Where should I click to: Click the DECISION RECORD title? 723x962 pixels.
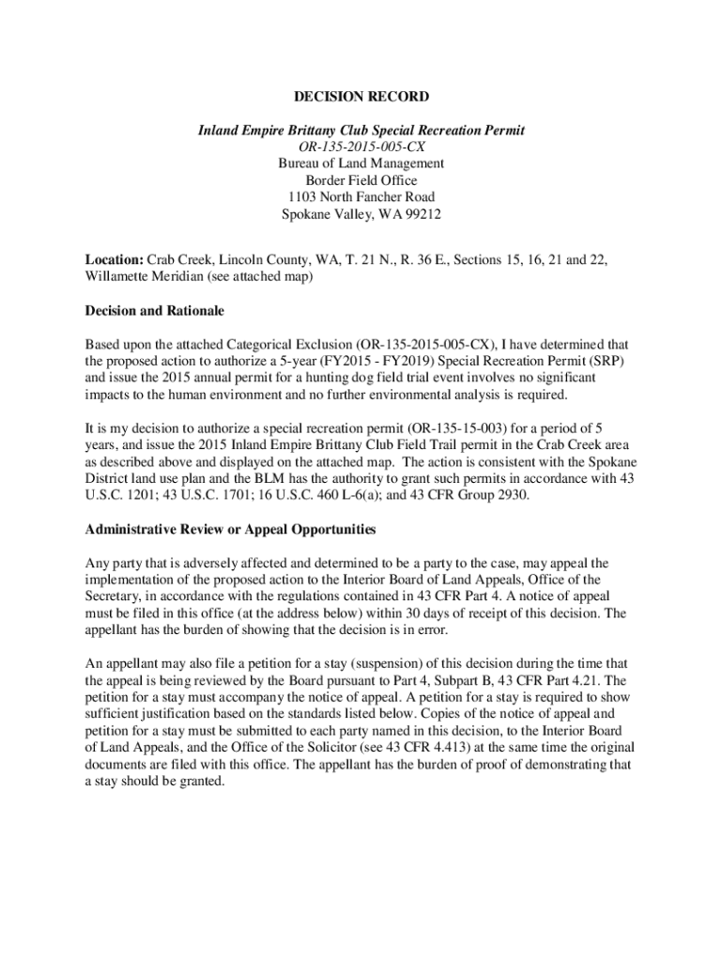[361, 97]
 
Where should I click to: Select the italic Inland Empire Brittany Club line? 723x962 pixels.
[361, 130]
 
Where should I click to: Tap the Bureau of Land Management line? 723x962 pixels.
[361, 163]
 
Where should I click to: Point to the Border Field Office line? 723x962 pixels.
[361, 180]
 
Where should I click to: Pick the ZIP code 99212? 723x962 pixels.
[422, 214]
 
